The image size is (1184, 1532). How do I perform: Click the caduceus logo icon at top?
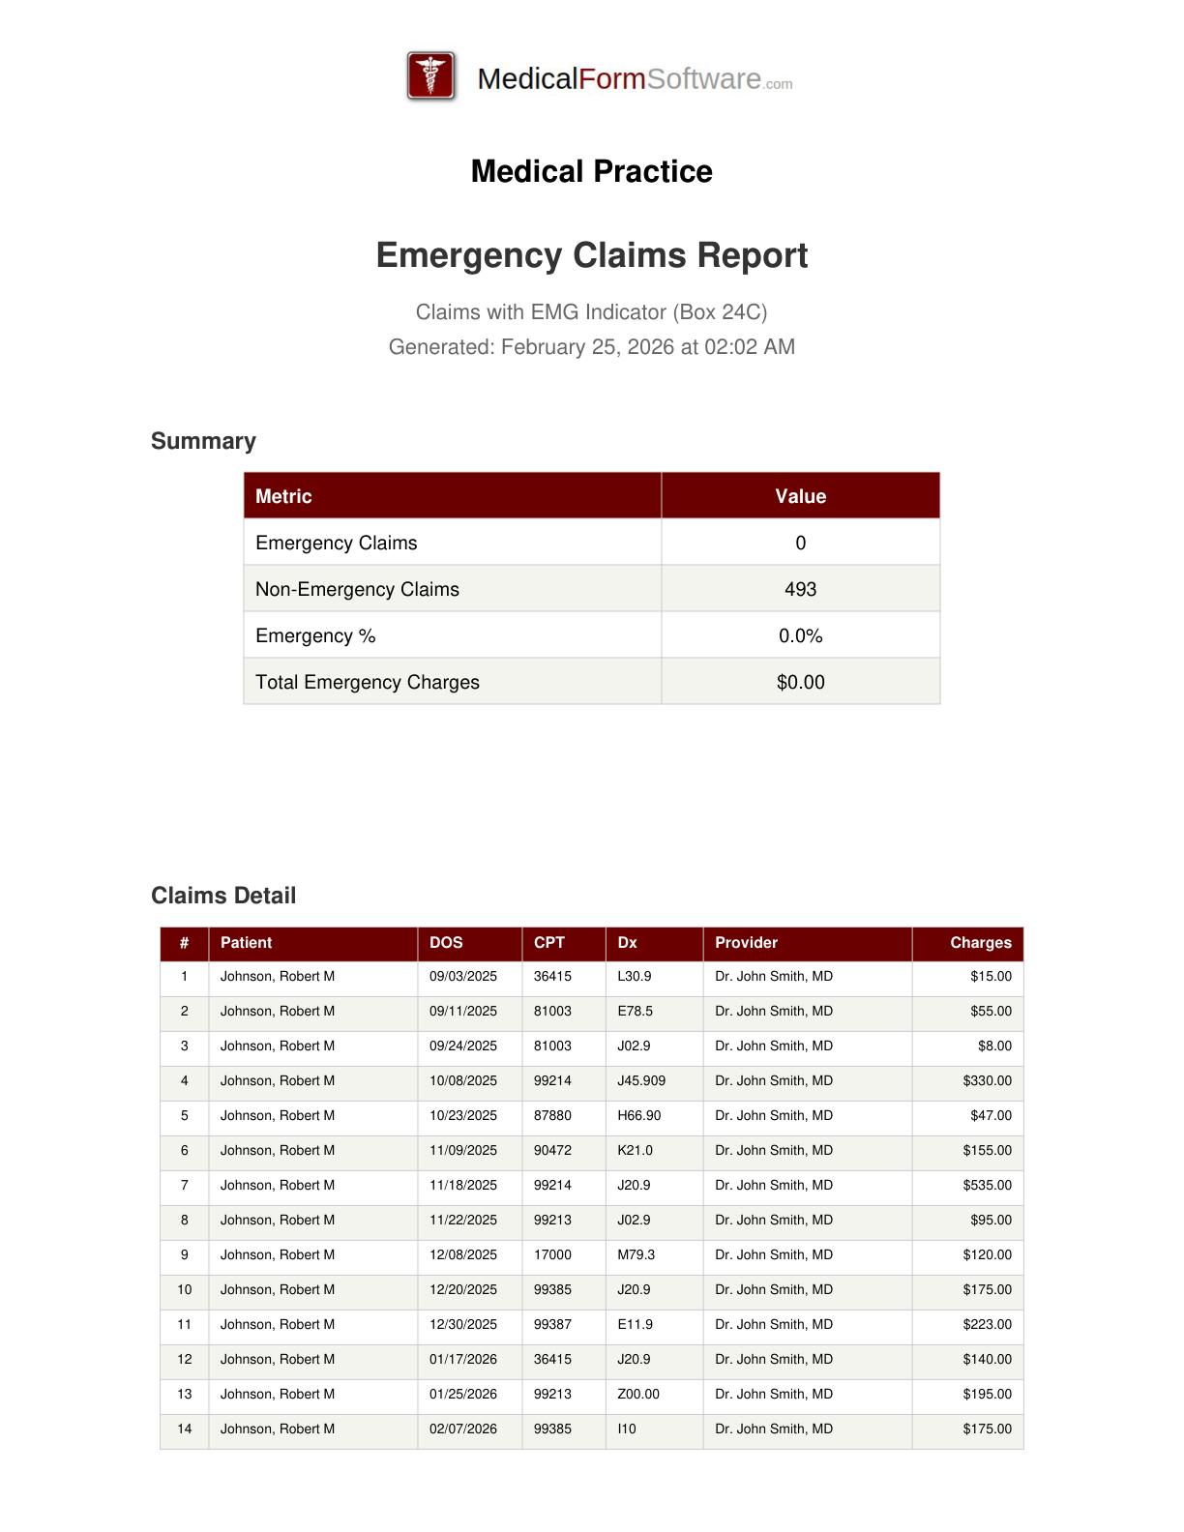[431, 76]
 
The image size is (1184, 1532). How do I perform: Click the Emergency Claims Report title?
[592, 255]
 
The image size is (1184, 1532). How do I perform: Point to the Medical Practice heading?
[592, 171]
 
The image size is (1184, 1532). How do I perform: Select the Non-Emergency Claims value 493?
[800, 589]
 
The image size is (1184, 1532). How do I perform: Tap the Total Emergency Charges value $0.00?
[800, 682]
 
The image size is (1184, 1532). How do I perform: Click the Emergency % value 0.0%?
[800, 635]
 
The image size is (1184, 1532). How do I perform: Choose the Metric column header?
[283, 496]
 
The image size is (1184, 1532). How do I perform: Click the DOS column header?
[446, 943]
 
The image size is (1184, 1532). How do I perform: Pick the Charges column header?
[980, 943]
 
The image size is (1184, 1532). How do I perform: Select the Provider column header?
[746, 943]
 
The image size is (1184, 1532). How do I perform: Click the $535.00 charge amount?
[987, 1186]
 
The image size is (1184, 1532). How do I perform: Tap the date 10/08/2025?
[463, 1081]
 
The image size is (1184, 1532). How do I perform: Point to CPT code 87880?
[552, 1116]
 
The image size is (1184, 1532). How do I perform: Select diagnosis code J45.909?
[641, 1081]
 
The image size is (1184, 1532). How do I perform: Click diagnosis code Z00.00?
[638, 1395]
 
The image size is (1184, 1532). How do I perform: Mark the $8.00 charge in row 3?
[994, 1046]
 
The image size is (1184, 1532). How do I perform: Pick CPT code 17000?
[552, 1255]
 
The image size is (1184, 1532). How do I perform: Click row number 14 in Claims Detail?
[185, 1429]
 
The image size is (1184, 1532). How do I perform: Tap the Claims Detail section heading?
[223, 896]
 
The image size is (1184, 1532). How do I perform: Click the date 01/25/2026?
[463, 1395]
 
